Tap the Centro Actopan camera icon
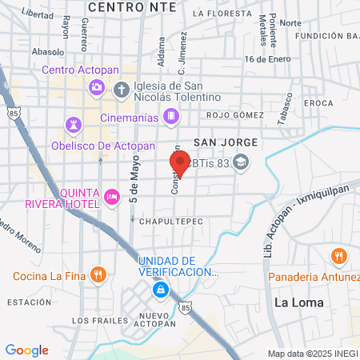click(97, 86)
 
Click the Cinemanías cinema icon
click(170, 118)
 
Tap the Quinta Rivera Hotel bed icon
click(112, 195)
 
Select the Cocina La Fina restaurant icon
click(98, 276)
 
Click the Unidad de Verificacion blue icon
click(161, 289)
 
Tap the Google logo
click(27, 350)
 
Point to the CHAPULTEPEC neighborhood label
click(171, 220)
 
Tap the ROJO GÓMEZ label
click(234, 115)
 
